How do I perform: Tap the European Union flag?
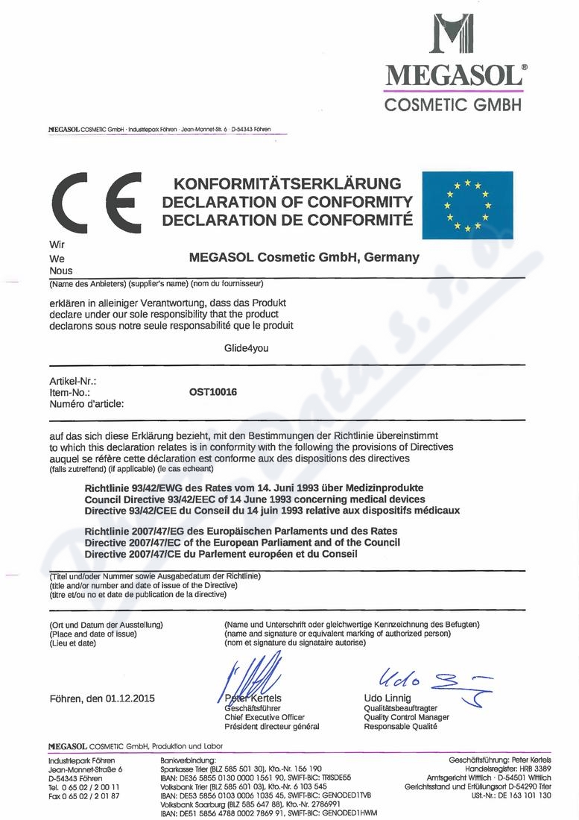(x=466, y=205)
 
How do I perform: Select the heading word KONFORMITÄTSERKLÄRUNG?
(x=287, y=183)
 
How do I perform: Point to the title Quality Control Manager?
(x=406, y=717)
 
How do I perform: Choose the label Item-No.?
(x=69, y=391)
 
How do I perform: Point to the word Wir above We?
(x=57, y=245)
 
